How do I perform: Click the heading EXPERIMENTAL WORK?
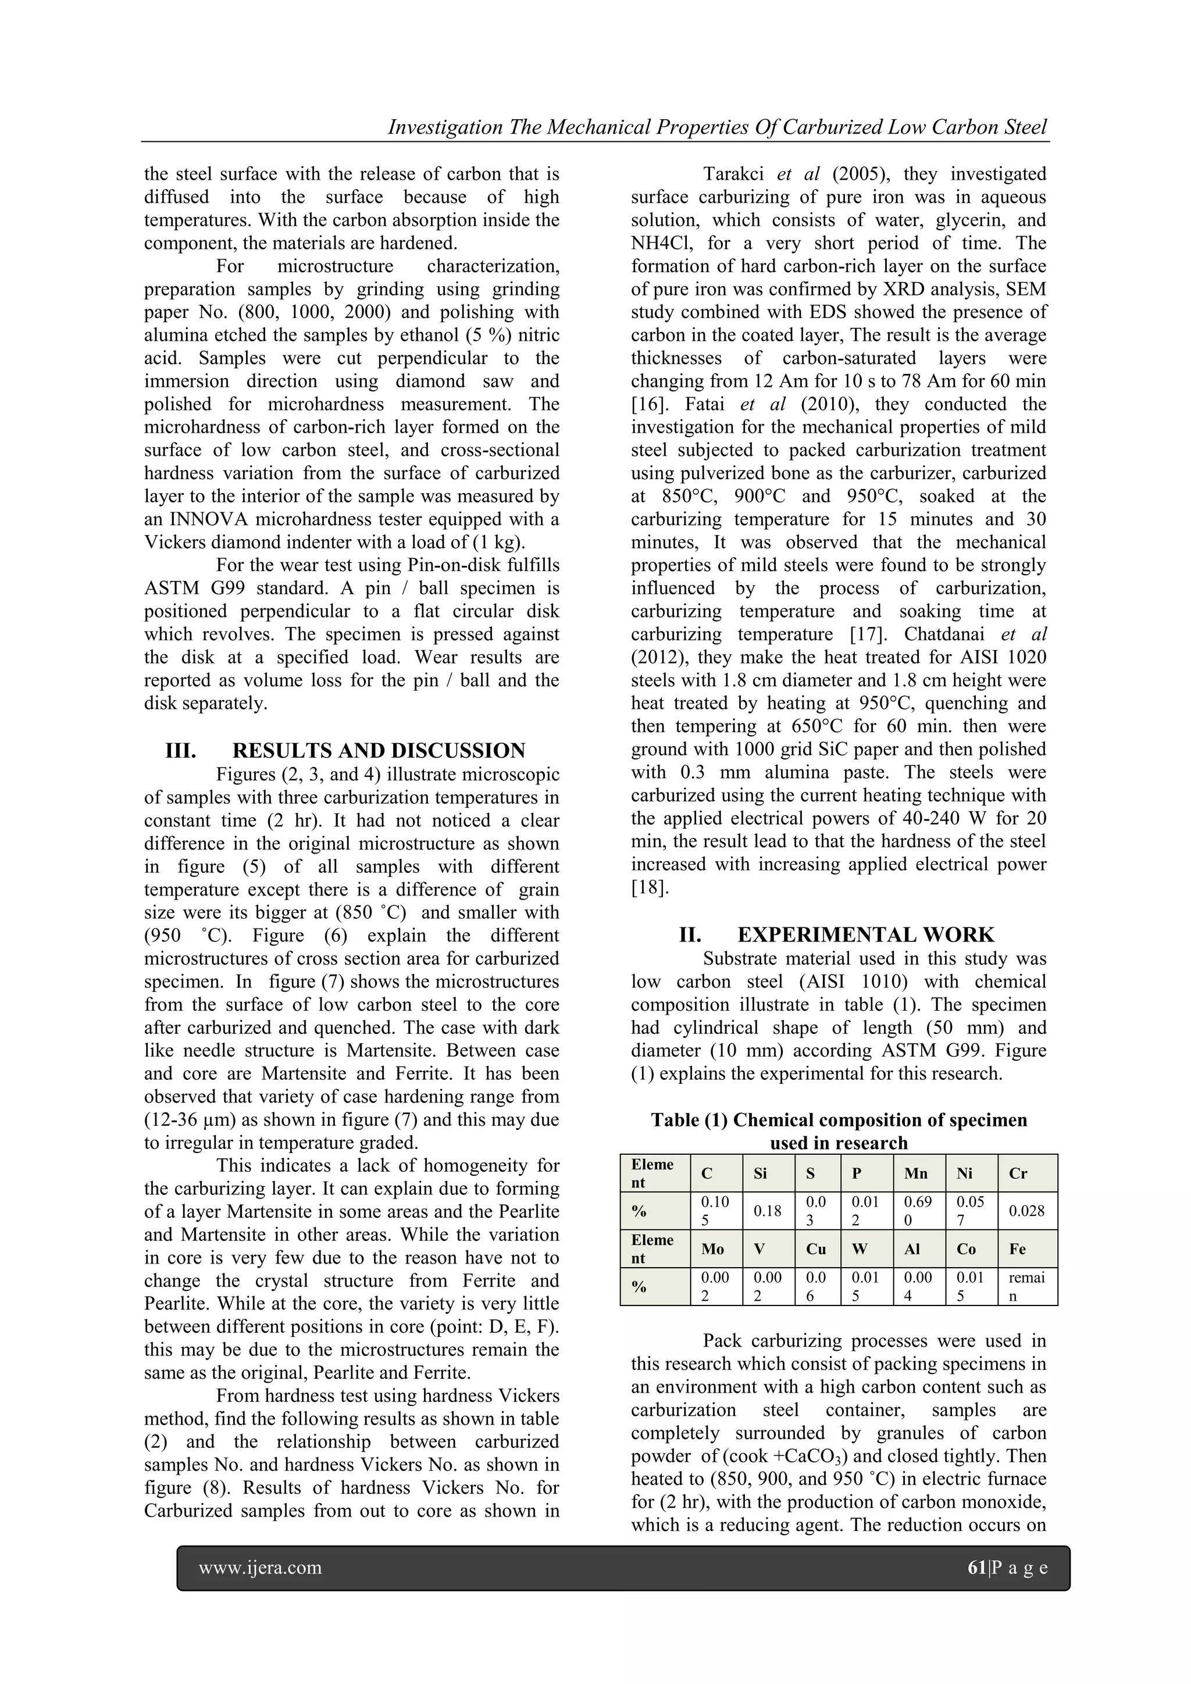click(x=865, y=934)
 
